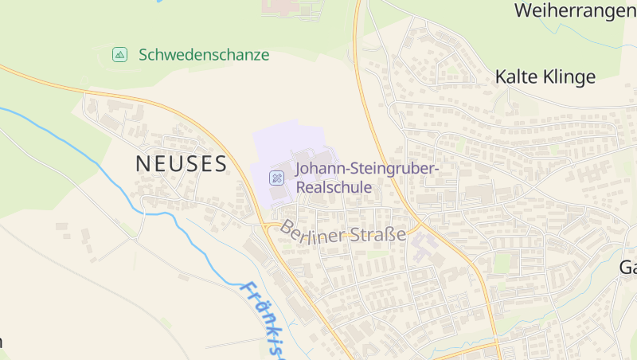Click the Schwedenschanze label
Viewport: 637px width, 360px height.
pos(204,55)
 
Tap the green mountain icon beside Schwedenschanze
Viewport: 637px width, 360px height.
pos(119,55)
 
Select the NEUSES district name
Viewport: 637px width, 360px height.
pos(182,164)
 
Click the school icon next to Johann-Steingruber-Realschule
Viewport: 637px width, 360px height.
pos(276,178)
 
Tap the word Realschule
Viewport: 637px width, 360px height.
pos(334,188)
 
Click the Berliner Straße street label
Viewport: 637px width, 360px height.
pos(342,233)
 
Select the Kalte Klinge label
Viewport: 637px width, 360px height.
pos(545,77)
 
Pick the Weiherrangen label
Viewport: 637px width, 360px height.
pos(575,11)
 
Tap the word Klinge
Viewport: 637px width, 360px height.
pos(568,77)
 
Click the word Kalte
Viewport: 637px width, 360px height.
pos(514,77)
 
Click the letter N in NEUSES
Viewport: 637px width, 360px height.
pos(143,164)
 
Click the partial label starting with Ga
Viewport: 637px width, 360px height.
pos(627,268)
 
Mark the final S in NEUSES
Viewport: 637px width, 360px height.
pos(220,164)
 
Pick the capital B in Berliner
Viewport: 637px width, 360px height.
pos(286,227)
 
